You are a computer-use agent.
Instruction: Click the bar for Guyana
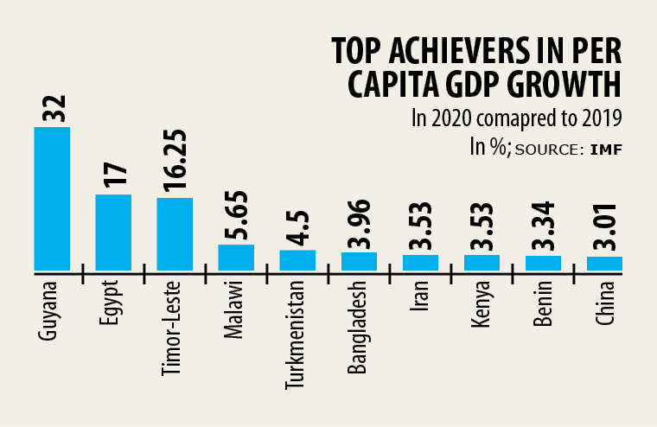[52, 199]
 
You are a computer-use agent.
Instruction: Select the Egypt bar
[113, 233]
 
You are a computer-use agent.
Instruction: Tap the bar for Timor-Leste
[175, 234]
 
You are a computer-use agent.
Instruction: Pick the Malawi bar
[236, 258]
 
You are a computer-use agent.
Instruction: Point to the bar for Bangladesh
[359, 261]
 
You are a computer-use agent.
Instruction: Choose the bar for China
[604, 264]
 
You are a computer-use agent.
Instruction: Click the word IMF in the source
[607, 150]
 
